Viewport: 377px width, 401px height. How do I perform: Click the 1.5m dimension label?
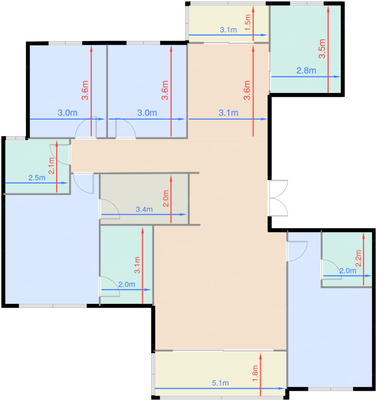[x=248, y=23]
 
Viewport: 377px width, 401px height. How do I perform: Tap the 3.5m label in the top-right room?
[x=322, y=49]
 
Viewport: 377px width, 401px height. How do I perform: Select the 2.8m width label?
[x=306, y=70]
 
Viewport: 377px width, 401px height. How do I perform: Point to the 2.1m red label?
[x=51, y=166]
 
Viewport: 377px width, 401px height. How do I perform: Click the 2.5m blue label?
[x=37, y=178]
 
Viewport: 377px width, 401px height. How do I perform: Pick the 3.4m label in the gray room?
[x=144, y=209]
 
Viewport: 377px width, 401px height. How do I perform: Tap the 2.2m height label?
[x=358, y=258]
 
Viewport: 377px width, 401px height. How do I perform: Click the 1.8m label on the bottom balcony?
[x=255, y=373]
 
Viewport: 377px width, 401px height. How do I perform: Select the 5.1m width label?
[x=220, y=383]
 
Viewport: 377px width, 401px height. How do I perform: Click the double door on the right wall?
[x=278, y=198]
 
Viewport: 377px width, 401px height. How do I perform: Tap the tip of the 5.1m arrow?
[x=285, y=388]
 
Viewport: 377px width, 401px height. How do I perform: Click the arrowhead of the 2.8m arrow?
[x=340, y=77]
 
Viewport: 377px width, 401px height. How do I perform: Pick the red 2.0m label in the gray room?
[x=166, y=198]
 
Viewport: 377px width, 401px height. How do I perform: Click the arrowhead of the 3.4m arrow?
[x=186, y=215]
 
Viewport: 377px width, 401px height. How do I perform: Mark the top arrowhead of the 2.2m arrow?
[x=364, y=233]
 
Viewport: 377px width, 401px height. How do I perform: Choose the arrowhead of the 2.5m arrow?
[x=68, y=183]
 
